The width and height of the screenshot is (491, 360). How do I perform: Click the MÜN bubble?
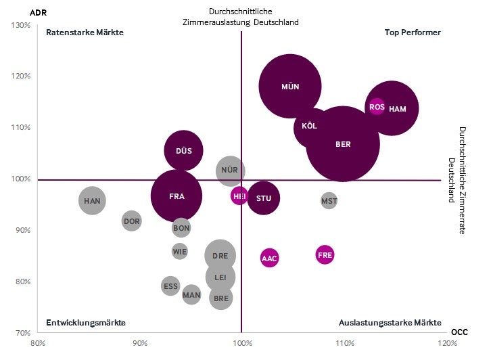289,86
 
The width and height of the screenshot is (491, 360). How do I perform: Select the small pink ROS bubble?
377,107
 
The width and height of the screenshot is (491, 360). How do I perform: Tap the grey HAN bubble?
92,201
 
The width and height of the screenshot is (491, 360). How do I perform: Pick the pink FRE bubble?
325,255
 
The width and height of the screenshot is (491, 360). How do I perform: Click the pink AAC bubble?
269,258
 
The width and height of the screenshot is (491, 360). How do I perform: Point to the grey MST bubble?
329,200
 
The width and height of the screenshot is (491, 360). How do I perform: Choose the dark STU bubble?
263,198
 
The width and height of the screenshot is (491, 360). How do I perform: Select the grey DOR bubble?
132,221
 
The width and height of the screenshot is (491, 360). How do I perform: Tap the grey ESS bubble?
170,286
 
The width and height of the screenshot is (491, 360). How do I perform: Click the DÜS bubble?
183,151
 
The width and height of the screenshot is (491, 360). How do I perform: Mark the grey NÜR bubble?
230,171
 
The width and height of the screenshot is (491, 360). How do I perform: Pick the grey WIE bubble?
179,252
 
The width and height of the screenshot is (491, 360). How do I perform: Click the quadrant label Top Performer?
413,32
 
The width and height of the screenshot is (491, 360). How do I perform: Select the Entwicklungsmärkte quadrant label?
86,322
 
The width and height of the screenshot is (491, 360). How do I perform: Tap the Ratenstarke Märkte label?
85,32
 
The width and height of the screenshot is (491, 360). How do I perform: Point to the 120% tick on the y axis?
22,76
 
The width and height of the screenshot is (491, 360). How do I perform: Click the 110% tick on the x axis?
345,343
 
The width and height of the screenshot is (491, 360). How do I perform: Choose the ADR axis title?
20,12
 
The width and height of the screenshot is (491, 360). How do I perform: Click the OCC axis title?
459,332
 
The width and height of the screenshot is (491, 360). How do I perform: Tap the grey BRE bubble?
221,298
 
